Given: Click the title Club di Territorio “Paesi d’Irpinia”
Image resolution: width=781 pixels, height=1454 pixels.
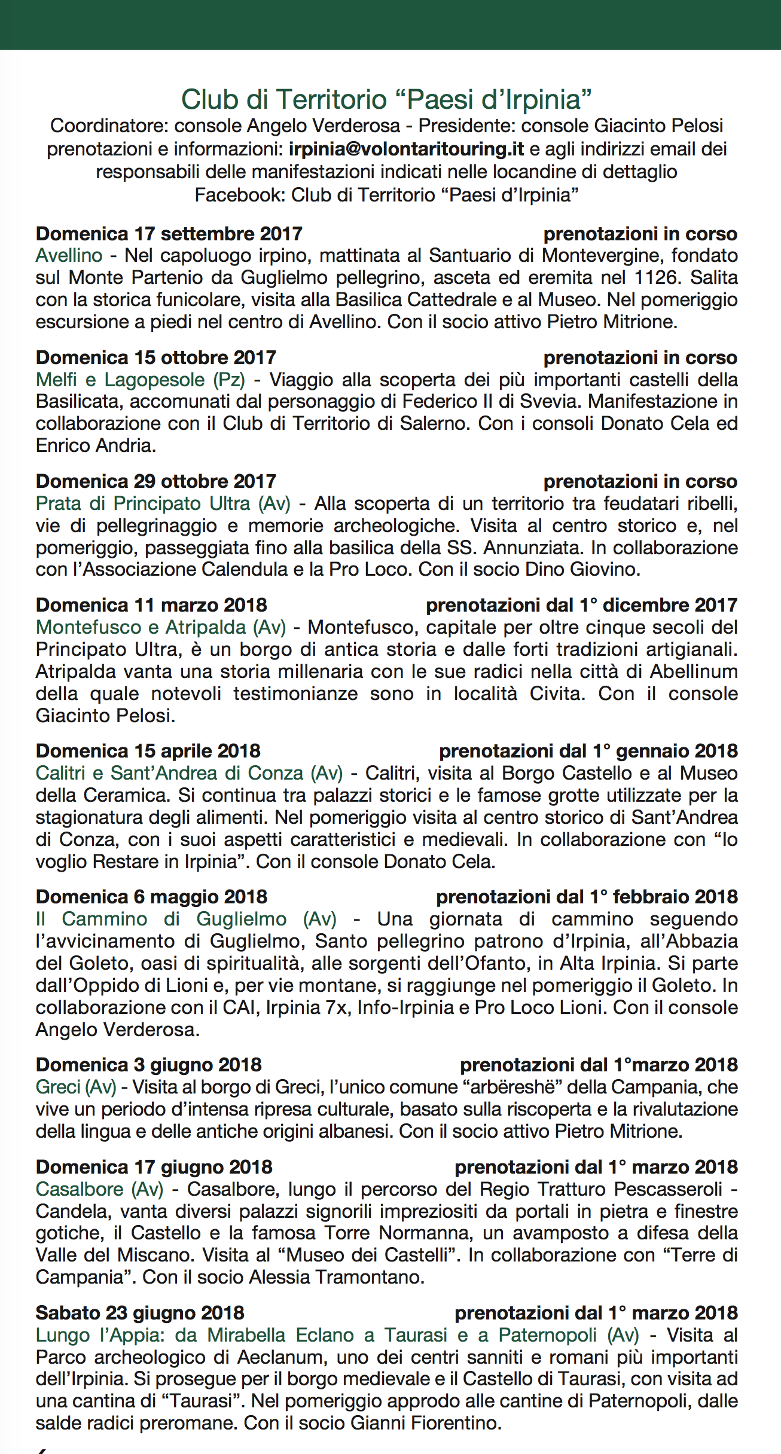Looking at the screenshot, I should [x=386, y=100].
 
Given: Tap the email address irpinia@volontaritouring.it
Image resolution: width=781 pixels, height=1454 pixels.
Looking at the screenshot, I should [x=406, y=149].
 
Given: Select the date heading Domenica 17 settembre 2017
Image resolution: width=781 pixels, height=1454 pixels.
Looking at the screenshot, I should [x=169, y=234].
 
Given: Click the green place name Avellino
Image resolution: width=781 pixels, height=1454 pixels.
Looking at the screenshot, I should [x=69, y=256].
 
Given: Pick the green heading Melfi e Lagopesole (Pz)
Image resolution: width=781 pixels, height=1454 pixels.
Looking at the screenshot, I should [x=141, y=380].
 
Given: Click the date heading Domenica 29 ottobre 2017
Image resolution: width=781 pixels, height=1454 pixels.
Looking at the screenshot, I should [x=156, y=481].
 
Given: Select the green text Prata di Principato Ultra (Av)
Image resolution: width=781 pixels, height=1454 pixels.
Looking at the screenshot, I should [x=163, y=503].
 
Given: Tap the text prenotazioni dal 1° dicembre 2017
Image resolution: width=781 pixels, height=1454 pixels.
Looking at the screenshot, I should [x=581, y=605].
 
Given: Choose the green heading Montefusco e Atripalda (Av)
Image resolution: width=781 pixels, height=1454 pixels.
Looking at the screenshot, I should [x=161, y=627].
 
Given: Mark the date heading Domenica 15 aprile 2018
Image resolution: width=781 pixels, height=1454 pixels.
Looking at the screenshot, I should [x=148, y=751].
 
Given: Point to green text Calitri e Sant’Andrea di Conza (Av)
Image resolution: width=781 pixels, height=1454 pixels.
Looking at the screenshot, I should [x=189, y=773].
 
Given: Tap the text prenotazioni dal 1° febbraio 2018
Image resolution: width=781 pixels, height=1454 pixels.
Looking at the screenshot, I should [x=587, y=897].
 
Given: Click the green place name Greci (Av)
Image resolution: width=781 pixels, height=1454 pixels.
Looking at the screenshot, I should [x=76, y=1087].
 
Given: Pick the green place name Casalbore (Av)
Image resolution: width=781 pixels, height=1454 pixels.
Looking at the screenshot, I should [x=99, y=1189].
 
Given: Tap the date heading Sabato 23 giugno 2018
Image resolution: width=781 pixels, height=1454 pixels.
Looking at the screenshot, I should [x=140, y=1313].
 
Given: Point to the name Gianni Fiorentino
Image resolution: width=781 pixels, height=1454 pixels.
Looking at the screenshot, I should [x=426, y=1423].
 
